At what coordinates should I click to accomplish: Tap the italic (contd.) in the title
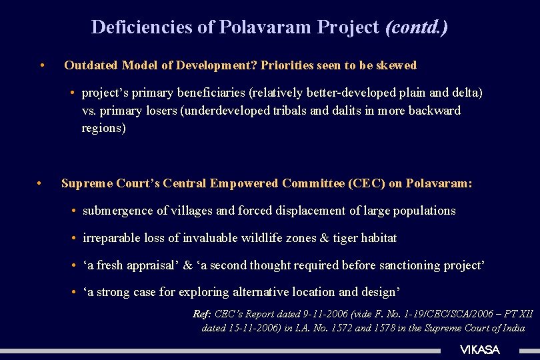pyautogui.click(x=417, y=27)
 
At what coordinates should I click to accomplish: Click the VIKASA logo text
pyautogui.click(x=480, y=350)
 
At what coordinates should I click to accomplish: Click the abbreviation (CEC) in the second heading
pyautogui.click(x=365, y=183)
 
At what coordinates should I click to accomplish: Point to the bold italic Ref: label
pyautogui.click(x=202, y=314)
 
